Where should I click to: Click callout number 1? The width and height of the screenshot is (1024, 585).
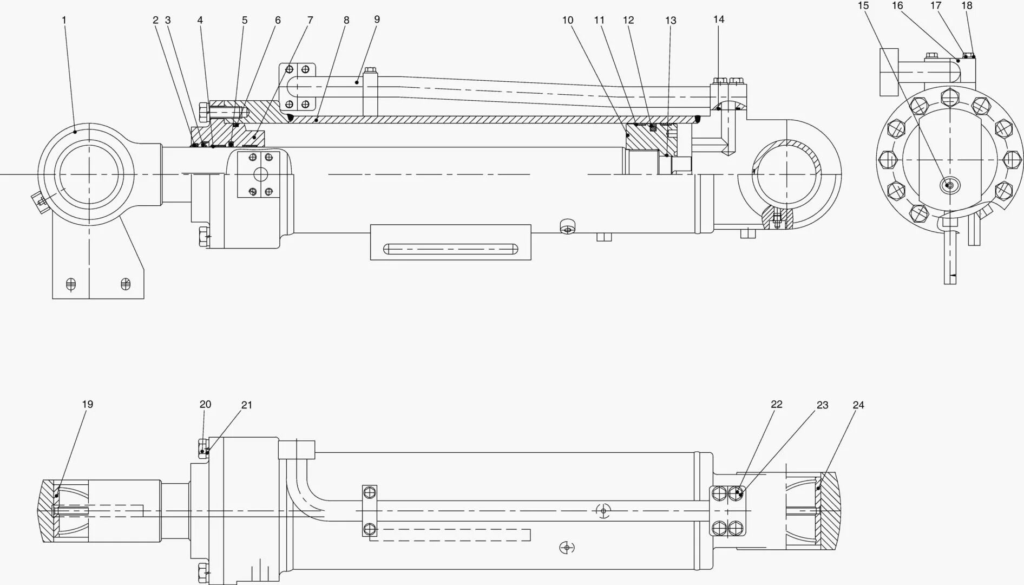(64, 20)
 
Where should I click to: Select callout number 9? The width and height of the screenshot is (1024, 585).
(377, 19)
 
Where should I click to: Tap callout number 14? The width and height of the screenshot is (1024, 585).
(718, 19)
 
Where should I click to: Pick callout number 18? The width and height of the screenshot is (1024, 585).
(967, 5)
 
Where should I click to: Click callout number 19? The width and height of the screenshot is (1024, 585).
(87, 404)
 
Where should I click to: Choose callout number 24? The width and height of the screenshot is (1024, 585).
(858, 405)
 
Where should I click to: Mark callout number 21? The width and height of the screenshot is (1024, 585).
(246, 405)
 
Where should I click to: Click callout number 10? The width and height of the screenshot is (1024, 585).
(567, 20)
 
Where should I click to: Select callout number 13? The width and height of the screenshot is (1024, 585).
(671, 21)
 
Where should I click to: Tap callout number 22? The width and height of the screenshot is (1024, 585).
(777, 404)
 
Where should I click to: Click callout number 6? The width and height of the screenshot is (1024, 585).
(278, 20)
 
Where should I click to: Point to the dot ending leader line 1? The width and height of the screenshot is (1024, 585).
(75, 132)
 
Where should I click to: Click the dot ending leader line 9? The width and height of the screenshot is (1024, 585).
(357, 82)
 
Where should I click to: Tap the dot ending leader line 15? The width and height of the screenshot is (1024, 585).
(948, 186)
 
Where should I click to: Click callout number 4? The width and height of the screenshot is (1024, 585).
(200, 20)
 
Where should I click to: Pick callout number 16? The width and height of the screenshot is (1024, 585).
(897, 5)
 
